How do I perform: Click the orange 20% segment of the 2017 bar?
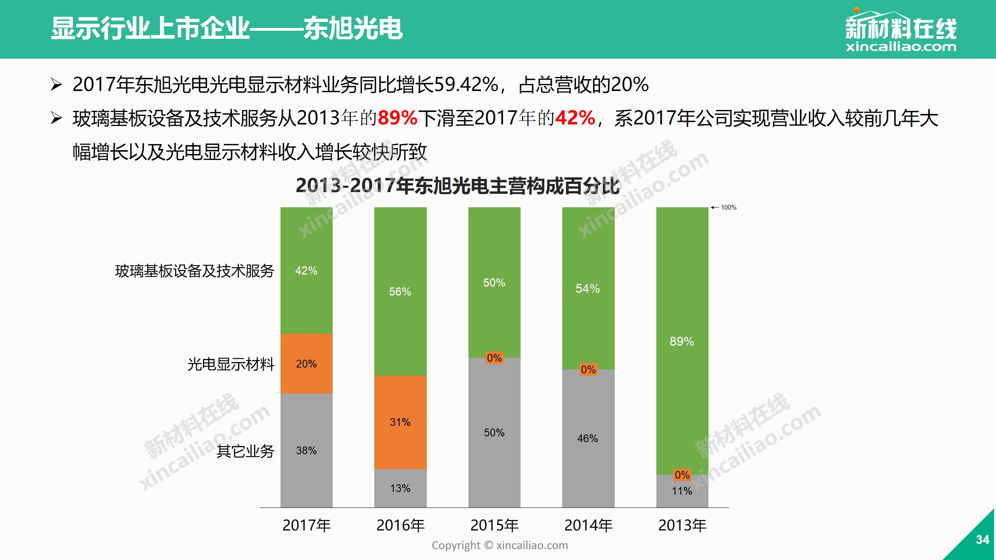[x=306, y=364]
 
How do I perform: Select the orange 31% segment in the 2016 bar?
[x=400, y=422]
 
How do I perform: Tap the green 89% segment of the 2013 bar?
[x=682, y=341]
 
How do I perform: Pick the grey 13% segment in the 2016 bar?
[x=400, y=488]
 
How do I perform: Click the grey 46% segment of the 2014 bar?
[x=587, y=438]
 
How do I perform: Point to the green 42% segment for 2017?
[x=306, y=270]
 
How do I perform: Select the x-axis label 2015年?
[x=494, y=525]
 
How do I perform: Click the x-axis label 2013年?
[x=682, y=525]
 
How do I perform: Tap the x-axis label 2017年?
[x=306, y=525]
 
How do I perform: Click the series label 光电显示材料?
[x=231, y=364]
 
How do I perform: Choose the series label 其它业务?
[x=245, y=451]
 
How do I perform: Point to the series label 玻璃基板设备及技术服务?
[x=195, y=271]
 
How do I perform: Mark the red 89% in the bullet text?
[x=397, y=118]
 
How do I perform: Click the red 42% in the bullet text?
[x=575, y=118]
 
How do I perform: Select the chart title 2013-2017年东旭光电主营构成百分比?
[x=458, y=186]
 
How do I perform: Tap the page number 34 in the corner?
[x=982, y=540]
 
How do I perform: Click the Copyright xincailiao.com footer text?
[x=500, y=545]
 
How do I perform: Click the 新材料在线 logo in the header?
[x=901, y=31]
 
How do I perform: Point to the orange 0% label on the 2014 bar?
[x=588, y=369]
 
